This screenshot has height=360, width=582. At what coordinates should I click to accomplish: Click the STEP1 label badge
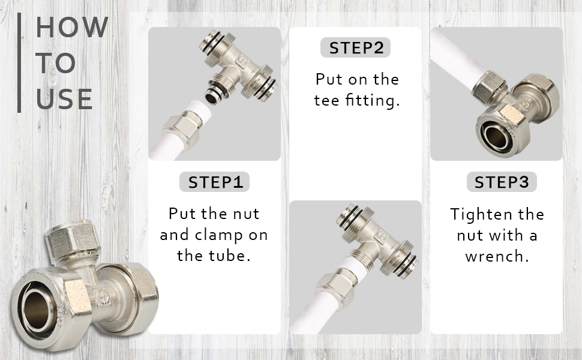tap(214, 182)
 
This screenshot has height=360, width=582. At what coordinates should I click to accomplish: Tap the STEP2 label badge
tap(355, 47)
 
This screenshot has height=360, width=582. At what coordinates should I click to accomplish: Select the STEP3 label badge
tap(502, 182)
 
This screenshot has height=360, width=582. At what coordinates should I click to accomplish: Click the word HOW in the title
tap(72, 27)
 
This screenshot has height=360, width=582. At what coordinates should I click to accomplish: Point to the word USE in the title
tap(64, 99)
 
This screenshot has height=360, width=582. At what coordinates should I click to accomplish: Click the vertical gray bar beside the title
tap(19, 62)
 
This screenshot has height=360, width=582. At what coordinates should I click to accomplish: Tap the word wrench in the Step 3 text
tap(497, 256)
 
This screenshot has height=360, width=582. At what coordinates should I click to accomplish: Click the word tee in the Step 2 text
tap(326, 101)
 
